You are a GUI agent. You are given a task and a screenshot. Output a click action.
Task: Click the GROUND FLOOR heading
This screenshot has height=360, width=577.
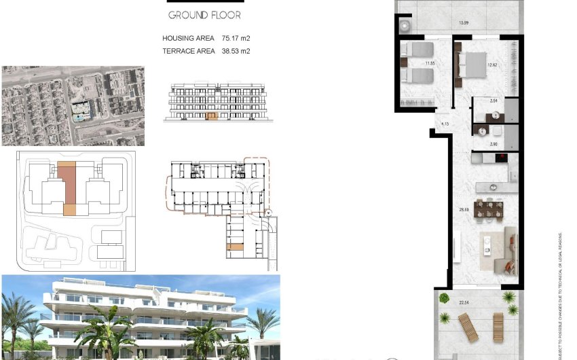[204, 15]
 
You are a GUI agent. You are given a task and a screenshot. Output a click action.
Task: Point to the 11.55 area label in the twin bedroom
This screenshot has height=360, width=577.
[429, 65]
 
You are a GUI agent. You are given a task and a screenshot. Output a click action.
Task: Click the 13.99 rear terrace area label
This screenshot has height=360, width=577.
[464, 24]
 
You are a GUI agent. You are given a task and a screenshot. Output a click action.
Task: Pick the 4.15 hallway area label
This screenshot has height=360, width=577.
[445, 124]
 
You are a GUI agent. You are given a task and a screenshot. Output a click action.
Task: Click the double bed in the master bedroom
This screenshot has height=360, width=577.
[470, 65]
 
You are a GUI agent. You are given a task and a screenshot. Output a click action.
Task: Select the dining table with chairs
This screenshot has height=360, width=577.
[488, 209]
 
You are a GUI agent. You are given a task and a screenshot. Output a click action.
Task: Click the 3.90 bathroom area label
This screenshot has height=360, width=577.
[494, 144]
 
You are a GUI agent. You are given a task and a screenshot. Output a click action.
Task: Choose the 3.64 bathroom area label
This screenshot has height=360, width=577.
[494, 101]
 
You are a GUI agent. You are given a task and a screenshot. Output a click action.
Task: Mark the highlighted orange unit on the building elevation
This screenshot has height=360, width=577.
[211, 117]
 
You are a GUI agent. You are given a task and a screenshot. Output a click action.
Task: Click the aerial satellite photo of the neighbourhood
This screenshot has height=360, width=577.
[73, 105]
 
